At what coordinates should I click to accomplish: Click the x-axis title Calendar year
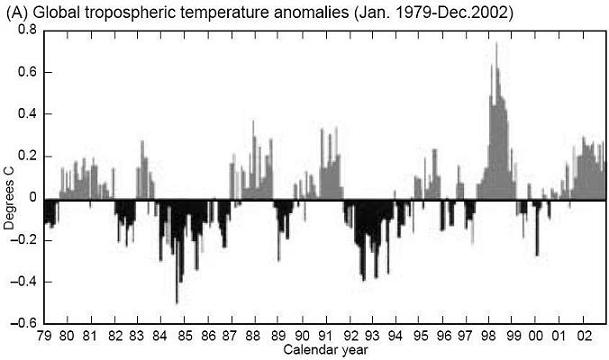click(326, 351)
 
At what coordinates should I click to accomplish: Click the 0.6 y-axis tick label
click(28, 72)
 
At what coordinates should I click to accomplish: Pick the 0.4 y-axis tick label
click(28, 114)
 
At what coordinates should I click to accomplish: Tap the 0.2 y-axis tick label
click(28, 156)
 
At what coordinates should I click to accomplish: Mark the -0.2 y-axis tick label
click(26, 240)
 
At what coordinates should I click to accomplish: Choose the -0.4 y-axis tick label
click(26, 282)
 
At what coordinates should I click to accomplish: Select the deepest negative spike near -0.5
click(177, 301)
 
